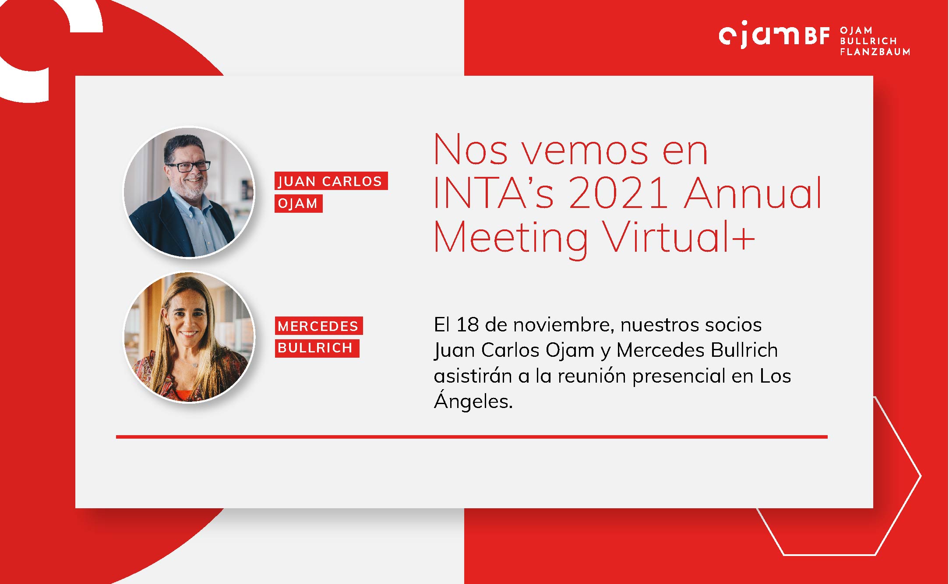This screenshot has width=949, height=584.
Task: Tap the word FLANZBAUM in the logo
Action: click(x=875, y=52)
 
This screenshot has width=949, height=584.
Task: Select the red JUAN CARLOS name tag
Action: click(x=331, y=181)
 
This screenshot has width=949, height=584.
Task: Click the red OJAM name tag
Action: click(x=298, y=204)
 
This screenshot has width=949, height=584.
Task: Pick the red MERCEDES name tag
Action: click(x=319, y=326)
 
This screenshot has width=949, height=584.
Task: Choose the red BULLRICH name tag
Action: click(x=317, y=348)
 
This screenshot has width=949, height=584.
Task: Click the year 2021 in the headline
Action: click(x=618, y=193)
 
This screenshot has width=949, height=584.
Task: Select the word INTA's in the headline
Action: click(x=494, y=193)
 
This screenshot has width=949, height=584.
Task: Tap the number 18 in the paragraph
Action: click(x=467, y=325)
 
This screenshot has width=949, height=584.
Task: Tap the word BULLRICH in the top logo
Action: click(x=868, y=41)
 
